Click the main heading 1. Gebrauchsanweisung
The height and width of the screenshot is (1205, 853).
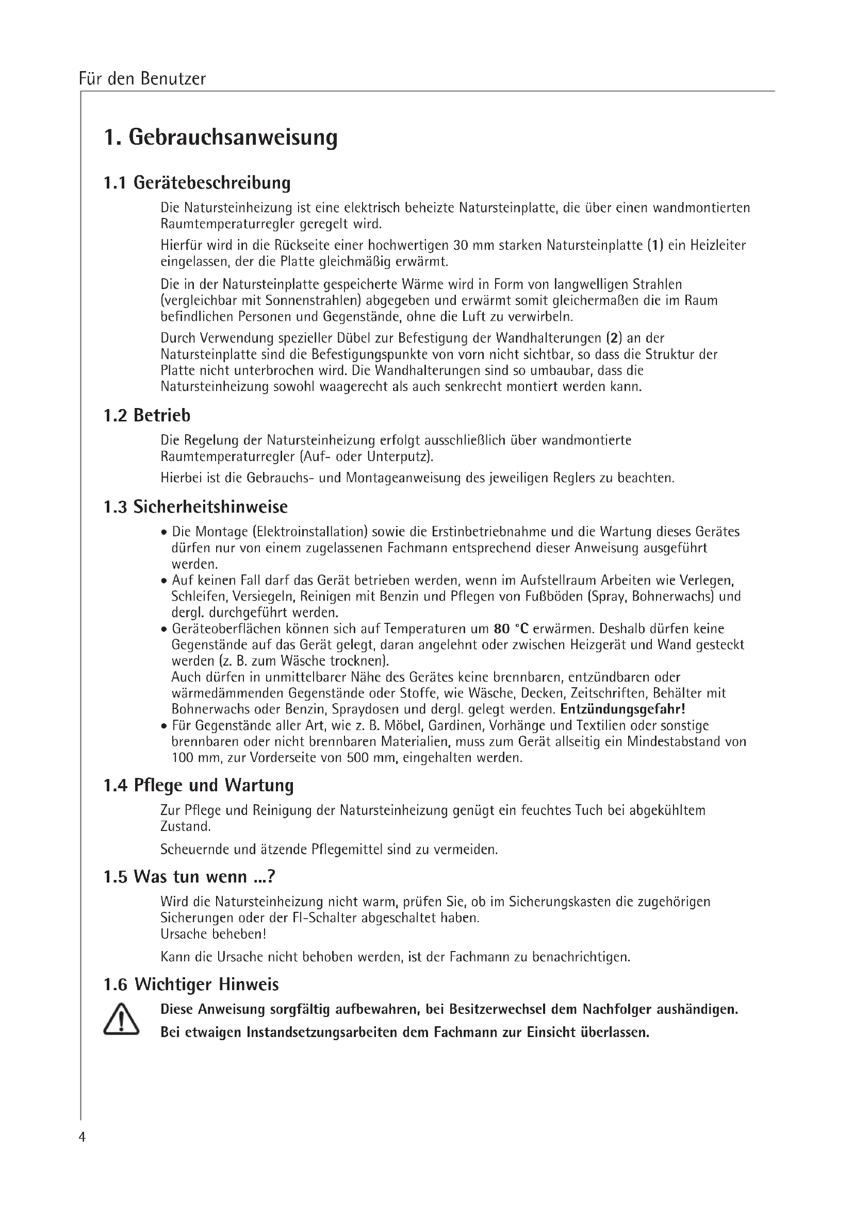coord(221,138)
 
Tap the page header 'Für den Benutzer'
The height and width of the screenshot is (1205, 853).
coord(142,79)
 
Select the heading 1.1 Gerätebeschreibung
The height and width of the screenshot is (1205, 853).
coord(197,183)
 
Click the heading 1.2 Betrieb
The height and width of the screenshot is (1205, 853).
coord(147,415)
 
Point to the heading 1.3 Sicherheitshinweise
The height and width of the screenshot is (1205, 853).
coord(195,507)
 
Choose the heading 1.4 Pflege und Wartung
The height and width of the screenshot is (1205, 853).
coord(199,785)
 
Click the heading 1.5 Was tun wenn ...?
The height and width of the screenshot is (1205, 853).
coord(190,877)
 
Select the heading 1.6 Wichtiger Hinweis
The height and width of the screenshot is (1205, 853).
coord(191,985)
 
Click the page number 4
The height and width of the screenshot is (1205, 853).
coord(82,1137)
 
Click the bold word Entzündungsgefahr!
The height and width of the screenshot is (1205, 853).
coord(622,709)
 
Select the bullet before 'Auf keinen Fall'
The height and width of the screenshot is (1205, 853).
coord(165,582)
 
